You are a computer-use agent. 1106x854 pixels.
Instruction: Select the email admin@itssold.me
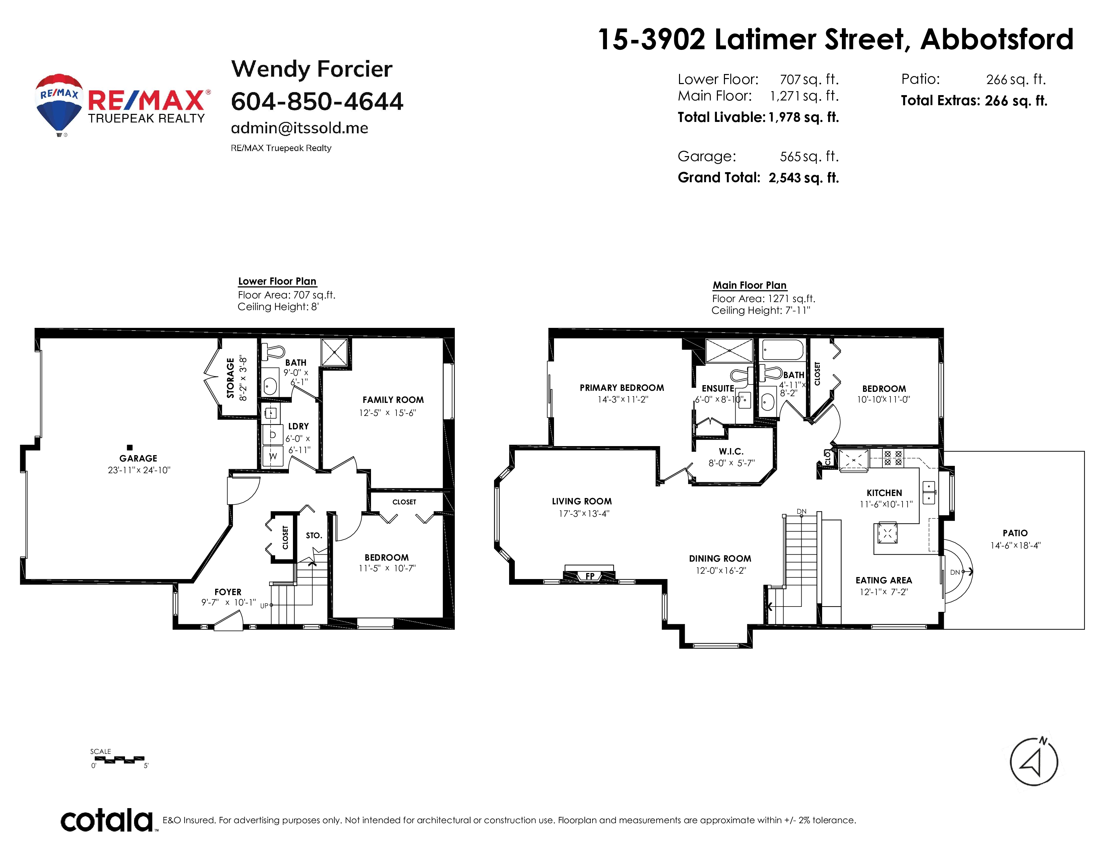click(299, 128)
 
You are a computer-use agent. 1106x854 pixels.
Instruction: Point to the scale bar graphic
click(120, 759)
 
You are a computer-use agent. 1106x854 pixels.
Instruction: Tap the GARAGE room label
click(138, 458)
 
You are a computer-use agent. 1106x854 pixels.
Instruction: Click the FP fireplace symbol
click(590, 576)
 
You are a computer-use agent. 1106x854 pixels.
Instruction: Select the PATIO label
click(1015, 533)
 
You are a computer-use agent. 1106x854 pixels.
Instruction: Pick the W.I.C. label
click(731, 451)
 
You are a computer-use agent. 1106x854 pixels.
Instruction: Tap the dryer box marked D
click(273, 435)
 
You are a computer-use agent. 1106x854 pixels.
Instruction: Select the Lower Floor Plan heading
click(277, 281)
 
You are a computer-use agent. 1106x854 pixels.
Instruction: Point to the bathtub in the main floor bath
click(782, 350)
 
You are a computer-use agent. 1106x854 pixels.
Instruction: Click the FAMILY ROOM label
click(393, 400)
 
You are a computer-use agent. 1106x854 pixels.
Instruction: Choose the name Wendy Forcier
click(311, 69)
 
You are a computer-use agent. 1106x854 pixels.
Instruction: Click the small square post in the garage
click(130, 447)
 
